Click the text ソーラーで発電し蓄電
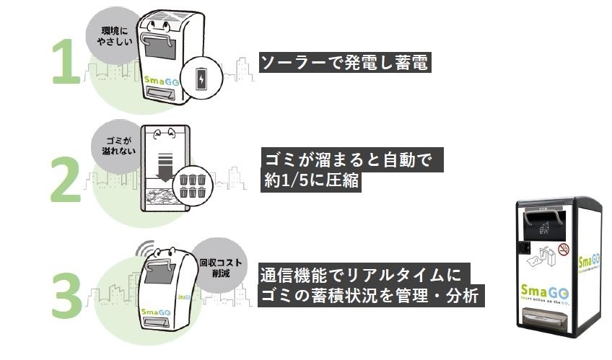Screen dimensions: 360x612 (x=345, y=63)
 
